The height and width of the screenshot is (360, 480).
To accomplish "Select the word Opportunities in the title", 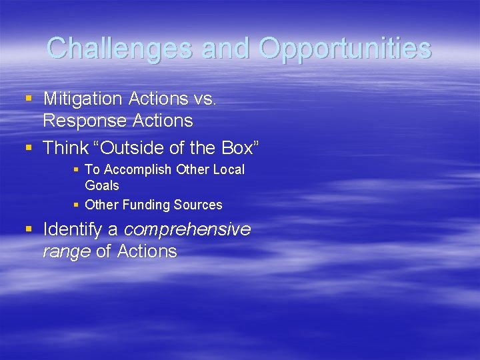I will tap(345, 48).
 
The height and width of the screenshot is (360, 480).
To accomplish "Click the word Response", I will tap(84, 121).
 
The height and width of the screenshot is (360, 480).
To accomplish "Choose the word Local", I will tap(229, 170).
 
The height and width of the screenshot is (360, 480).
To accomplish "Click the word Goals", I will tap(102, 185).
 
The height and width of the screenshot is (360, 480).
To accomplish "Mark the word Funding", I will tap(146, 205).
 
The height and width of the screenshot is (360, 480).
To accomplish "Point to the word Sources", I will tap(198, 205).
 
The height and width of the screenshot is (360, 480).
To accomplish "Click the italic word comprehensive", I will tap(187, 230).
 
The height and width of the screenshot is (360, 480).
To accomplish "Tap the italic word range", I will tap(65, 251).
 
